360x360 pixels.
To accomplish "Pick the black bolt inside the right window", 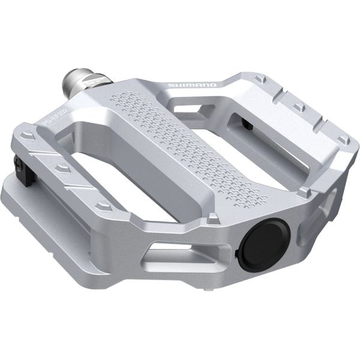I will (x=246, y=124).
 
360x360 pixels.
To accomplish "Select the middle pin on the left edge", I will (x=62, y=169).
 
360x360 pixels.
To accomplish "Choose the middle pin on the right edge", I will (x=299, y=107).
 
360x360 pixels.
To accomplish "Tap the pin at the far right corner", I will (x=343, y=139).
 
